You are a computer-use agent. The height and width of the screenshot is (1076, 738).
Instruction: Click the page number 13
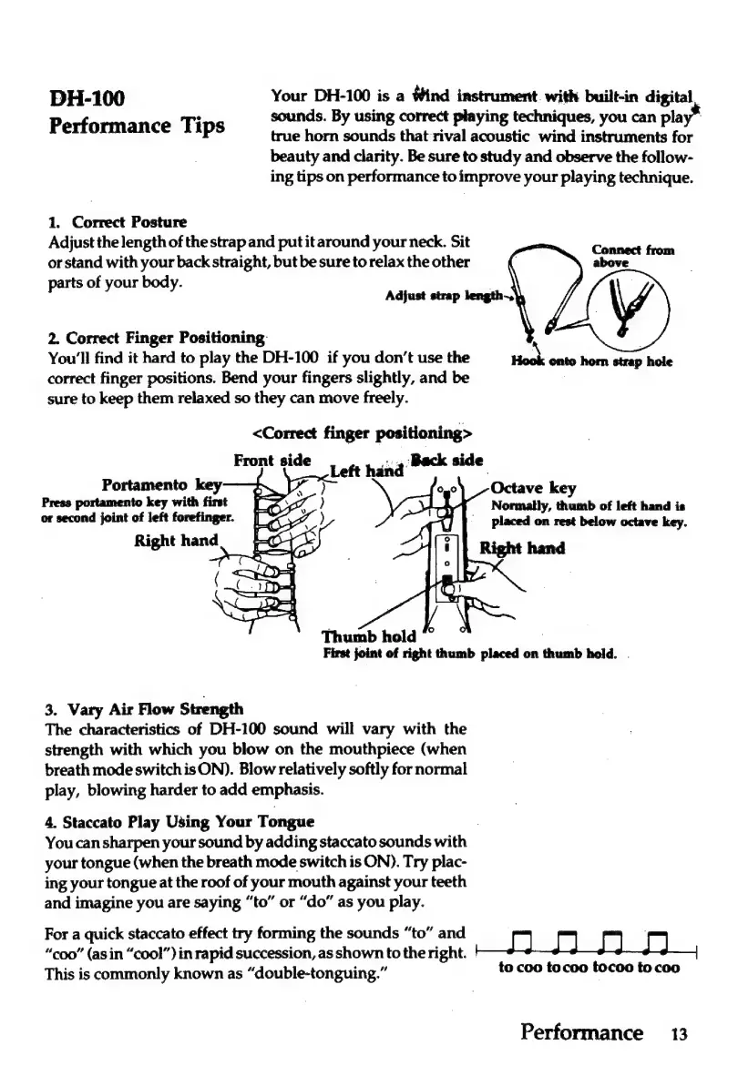pos(677,1034)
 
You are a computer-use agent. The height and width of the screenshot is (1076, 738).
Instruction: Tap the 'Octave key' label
pos(533,487)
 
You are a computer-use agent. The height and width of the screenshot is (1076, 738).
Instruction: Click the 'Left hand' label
pos(364,471)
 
